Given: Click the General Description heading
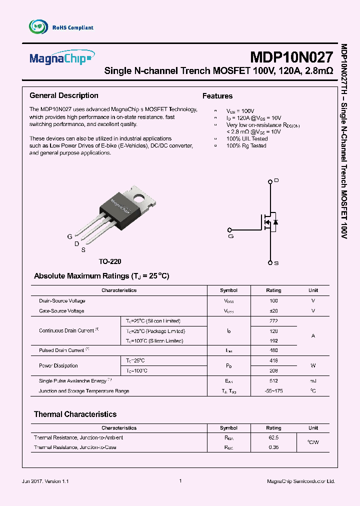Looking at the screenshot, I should [64, 95].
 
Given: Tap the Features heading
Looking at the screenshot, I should [217, 96].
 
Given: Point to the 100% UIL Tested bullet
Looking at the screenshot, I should [246, 138].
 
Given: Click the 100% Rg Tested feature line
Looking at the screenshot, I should [246, 145].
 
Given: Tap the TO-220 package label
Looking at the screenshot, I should [110, 261].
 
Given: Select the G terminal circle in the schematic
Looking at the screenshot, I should [230, 230].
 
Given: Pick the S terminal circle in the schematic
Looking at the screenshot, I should [270, 262].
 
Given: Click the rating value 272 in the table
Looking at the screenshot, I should [273, 321].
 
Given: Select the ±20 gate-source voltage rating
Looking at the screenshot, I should [273, 311].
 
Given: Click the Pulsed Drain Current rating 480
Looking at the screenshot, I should [273, 350].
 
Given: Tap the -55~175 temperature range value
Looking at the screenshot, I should [273, 391].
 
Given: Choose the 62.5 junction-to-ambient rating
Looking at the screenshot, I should [273, 437].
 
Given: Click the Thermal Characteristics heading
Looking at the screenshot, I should [75, 414].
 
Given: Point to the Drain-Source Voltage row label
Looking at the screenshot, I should [62, 301].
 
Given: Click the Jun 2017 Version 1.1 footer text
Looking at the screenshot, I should [45, 481].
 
